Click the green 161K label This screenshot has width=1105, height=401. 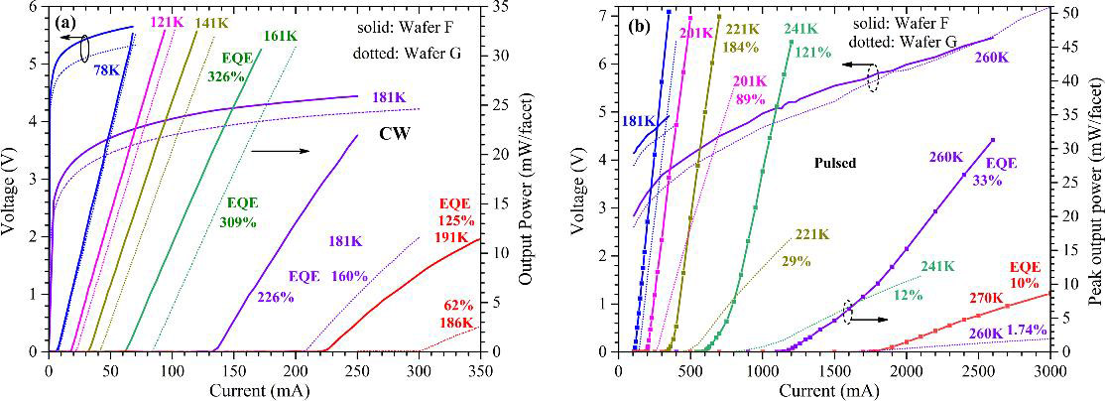tap(280, 37)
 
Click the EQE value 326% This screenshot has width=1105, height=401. tap(225, 75)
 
